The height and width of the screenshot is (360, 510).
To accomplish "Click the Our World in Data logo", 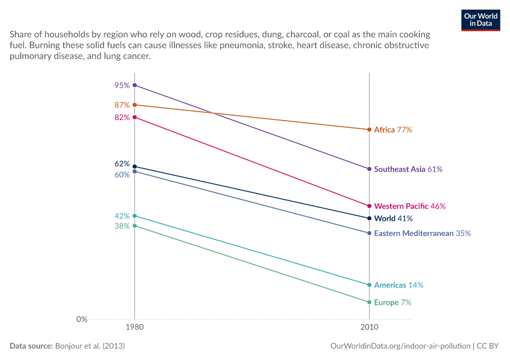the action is pos(481,20).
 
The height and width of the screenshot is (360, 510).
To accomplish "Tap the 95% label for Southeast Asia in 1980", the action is pos(122,85).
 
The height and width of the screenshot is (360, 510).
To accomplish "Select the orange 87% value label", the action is pos(122,105).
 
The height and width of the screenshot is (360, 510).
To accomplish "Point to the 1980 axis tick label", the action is pos(134,327).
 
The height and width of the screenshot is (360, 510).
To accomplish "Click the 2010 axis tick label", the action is pos(369,327).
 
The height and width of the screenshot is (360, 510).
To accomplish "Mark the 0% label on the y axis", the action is pos(82,319).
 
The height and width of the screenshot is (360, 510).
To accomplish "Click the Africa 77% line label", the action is pos(393,130).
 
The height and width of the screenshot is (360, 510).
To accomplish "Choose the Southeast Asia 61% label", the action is pos(408,169).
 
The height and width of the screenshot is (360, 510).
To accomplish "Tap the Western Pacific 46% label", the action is pos(410,206).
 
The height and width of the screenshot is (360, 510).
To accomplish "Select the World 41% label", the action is pos(393,218).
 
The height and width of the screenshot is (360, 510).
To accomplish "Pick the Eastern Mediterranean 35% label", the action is pos(422,233).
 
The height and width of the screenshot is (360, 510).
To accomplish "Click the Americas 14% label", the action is pos(399,285).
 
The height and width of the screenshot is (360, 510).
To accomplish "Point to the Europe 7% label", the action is pos(392,302).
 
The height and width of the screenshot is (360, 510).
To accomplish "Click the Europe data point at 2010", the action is pos(369,302).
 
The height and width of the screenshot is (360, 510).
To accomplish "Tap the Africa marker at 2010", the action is pos(369,130).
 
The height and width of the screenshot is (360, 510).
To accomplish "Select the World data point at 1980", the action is pos(134,167).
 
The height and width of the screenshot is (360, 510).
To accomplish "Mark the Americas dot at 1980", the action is pos(134,216).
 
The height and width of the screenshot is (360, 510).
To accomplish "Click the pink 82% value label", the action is pos(122,118).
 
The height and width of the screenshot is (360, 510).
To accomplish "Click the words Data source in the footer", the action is pos(31,346).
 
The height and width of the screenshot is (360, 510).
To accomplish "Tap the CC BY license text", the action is pos(488,346).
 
